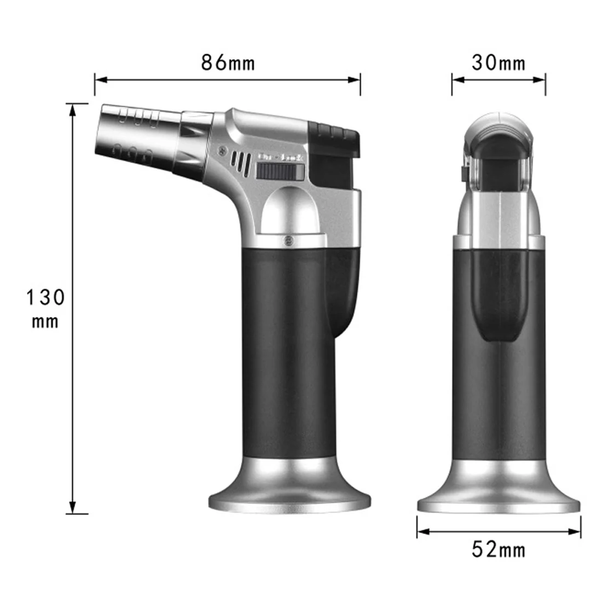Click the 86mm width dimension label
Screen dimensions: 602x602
tap(228, 62)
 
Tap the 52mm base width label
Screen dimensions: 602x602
tap(499, 549)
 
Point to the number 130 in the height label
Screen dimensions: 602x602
tap(46, 298)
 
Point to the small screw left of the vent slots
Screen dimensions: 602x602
tap(222, 148)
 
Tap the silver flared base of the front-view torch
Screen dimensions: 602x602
tap(499, 498)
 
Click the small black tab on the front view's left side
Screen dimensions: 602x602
tap(462, 174)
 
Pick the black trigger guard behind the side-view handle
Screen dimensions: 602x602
tap(342, 296)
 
